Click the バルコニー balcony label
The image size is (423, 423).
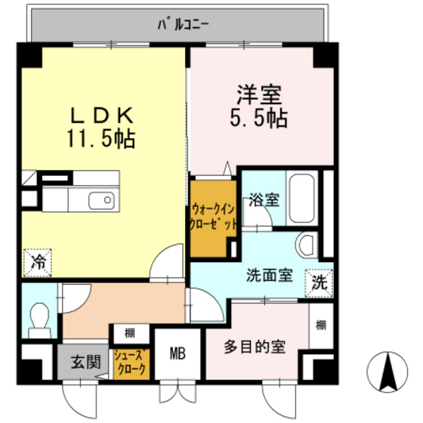pyautogui.click(x=184, y=23)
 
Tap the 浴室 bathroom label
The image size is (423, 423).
pyautogui.click(x=264, y=201)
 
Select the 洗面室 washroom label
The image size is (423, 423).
pyautogui.click(x=268, y=275)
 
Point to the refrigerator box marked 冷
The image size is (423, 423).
pyautogui.click(x=36, y=263)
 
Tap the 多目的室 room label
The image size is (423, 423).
pyautogui.click(x=254, y=347)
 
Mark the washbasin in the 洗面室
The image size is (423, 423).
pyautogui.click(x=307, y=245)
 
